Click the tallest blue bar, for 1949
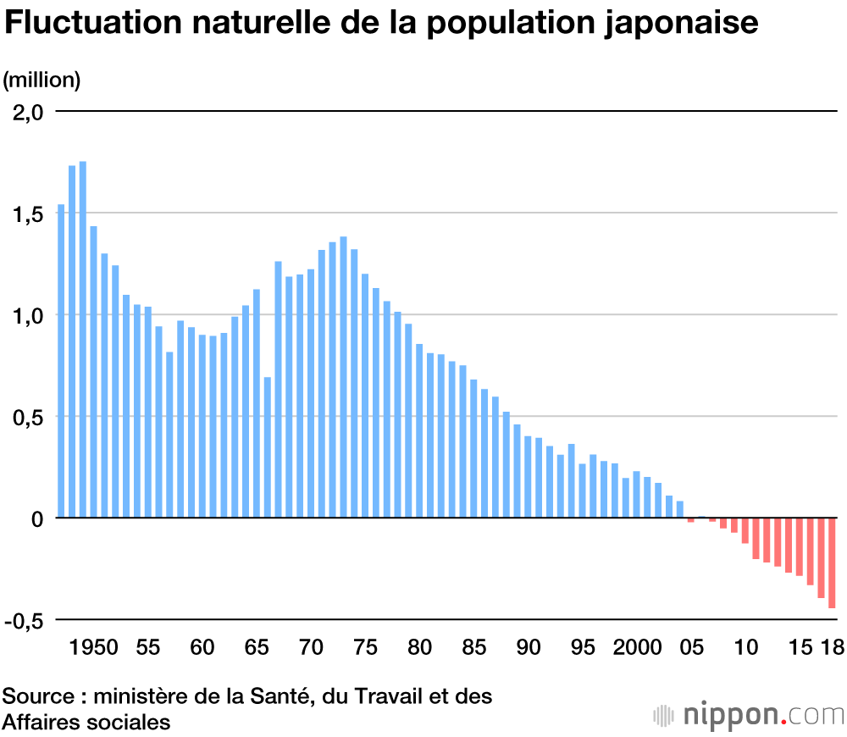83,339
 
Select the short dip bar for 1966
268,447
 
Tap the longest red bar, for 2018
832,563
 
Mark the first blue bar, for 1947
61,361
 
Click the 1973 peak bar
344,377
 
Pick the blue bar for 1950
94,372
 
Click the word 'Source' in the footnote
38,697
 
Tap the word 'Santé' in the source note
285,697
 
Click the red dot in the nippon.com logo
784,721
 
